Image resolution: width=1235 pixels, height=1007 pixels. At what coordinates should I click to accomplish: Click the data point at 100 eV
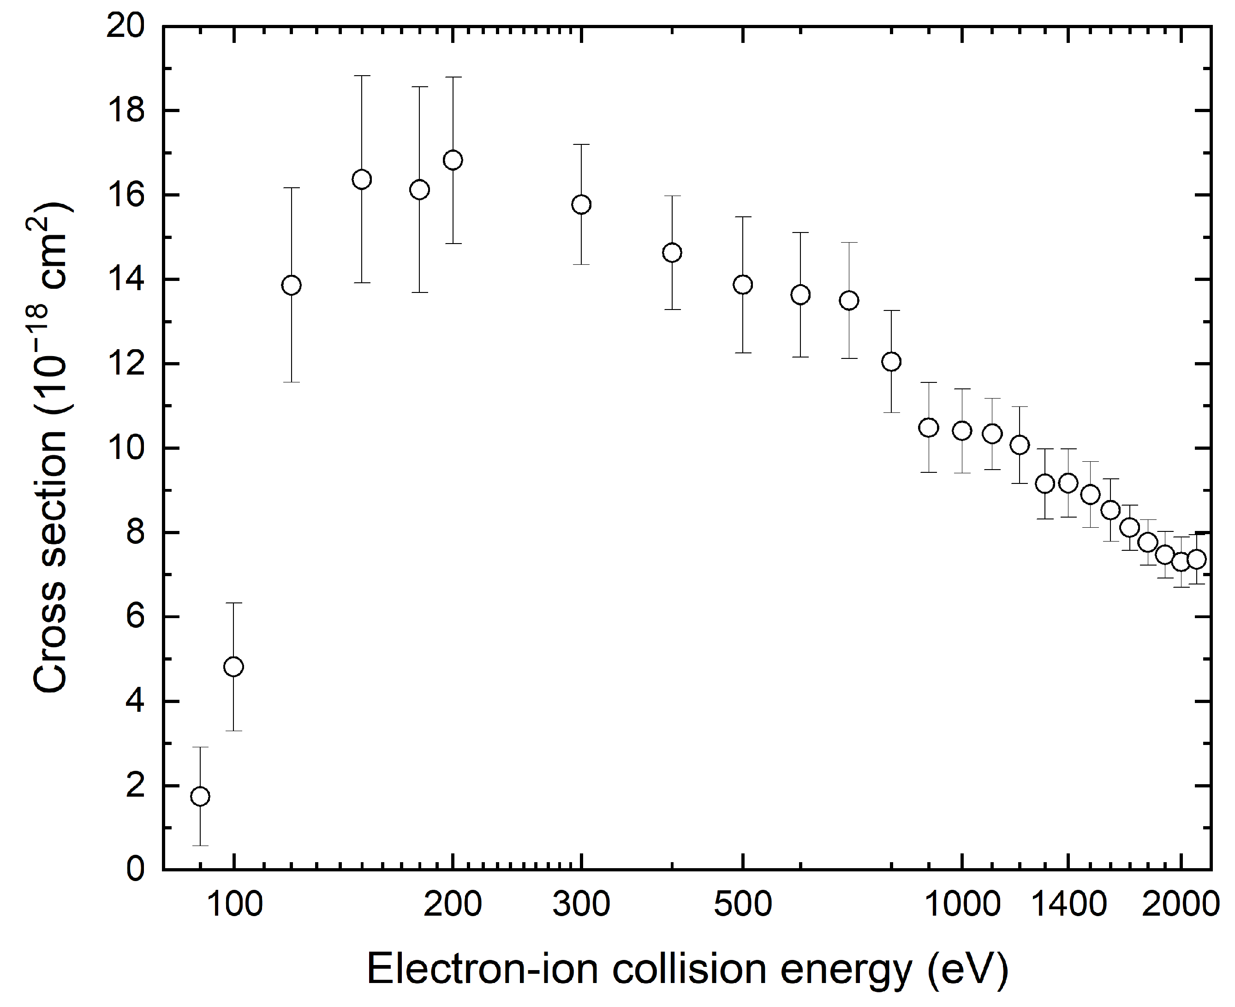(233, 667)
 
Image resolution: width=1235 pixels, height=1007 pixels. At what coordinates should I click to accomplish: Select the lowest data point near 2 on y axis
(200, 797)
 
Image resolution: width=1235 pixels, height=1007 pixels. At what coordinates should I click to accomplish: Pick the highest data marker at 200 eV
(453, 160)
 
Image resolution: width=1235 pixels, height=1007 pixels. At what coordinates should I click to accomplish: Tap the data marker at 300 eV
(581, 204)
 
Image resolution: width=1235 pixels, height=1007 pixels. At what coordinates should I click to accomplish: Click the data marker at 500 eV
(742, 285)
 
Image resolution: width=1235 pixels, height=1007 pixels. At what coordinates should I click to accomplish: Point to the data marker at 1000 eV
(962, 431)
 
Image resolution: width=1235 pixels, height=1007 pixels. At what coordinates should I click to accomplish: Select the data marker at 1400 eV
(1068, 483)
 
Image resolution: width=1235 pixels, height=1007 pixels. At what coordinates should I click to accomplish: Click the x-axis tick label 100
(234, 904)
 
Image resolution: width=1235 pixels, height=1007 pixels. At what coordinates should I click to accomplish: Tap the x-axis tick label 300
(581, 904)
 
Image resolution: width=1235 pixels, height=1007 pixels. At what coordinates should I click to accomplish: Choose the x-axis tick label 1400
(1068, 904)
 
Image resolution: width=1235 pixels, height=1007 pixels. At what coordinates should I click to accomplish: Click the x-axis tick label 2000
(1181, 904)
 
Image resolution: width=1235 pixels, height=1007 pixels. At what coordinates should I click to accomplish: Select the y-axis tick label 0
(136, 870)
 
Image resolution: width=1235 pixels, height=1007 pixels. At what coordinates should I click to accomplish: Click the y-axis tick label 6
(136, 617)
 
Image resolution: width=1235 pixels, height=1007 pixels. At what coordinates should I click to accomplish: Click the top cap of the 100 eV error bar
(233, 603)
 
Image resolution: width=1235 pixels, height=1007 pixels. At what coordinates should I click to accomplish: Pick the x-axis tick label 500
(742, 904)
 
